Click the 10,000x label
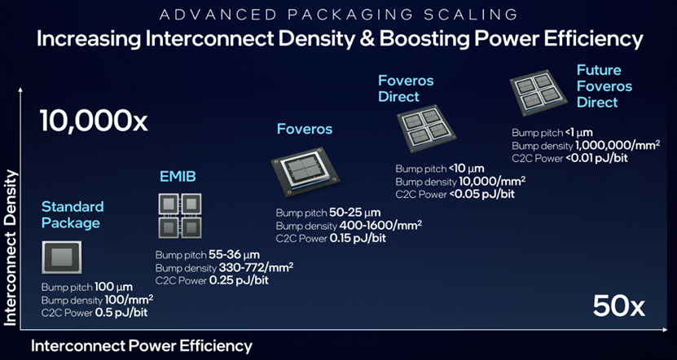pos(94,120)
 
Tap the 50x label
pos(618,307)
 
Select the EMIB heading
pos(177,176)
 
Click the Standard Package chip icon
pos(62,257)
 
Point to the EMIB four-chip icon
pos(180,215)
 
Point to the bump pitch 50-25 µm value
pos(355,213)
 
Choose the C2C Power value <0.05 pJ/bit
pos(481,194)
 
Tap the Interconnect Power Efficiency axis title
pos(141,346)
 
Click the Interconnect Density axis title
pos(11,248)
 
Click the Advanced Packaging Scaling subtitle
pos(338,15)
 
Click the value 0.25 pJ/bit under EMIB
pos(240,280)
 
